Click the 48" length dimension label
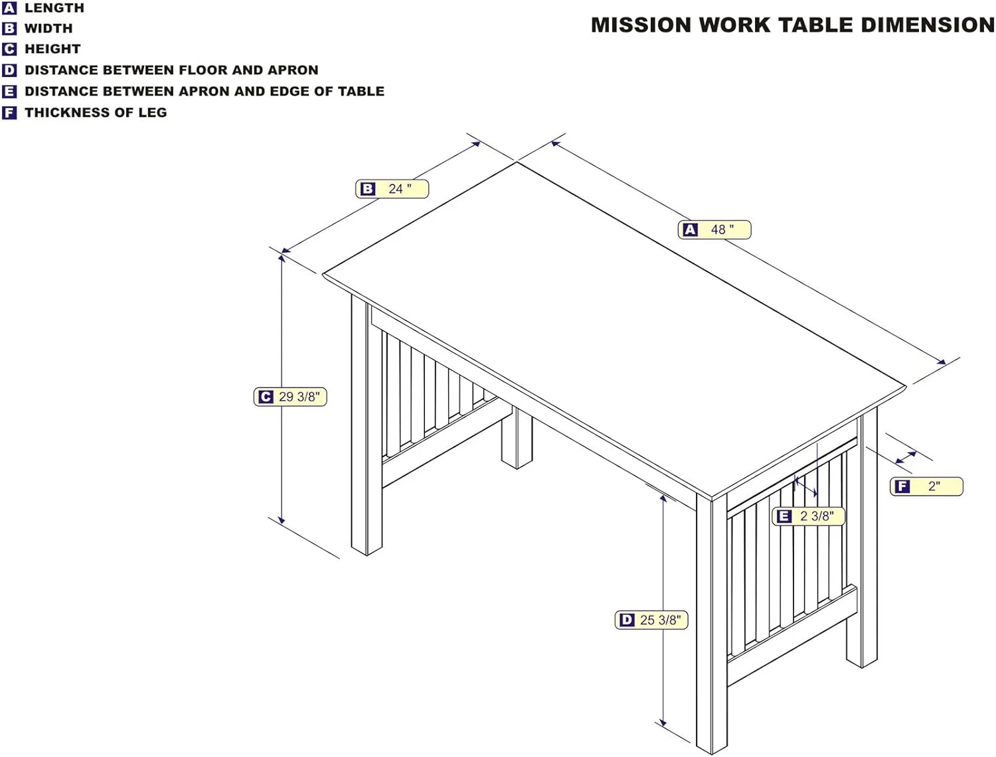(714, 230)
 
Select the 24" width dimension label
(392, 189)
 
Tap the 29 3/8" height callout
(290, 397)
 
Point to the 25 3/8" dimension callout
(651, 620)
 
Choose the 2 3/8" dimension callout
(808, 516)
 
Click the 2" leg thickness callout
(926, 486)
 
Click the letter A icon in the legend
(9, 8)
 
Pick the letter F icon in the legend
(9, 113)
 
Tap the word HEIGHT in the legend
(52, 49)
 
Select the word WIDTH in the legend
(48, 29)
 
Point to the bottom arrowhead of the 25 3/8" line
(663, 722)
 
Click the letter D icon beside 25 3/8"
(627, 620)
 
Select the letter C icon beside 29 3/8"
(266, 397)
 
